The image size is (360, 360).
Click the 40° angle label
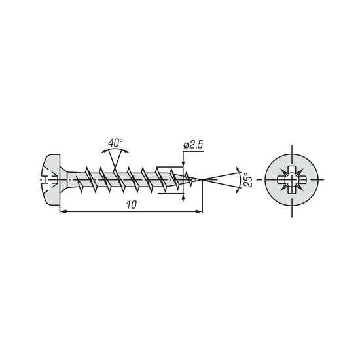(115, 143)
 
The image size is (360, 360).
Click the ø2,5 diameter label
(193, 145)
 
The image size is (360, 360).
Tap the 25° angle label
(248, 180)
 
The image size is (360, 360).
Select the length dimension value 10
(132, 205)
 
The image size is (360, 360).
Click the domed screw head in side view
(52, 179)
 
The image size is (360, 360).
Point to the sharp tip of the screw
(202, 179)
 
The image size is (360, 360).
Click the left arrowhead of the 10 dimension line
(63, 211)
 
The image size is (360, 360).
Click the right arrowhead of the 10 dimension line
(199, 211)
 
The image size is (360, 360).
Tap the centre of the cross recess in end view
(292, 179)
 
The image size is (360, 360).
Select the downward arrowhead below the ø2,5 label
(183, 162)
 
